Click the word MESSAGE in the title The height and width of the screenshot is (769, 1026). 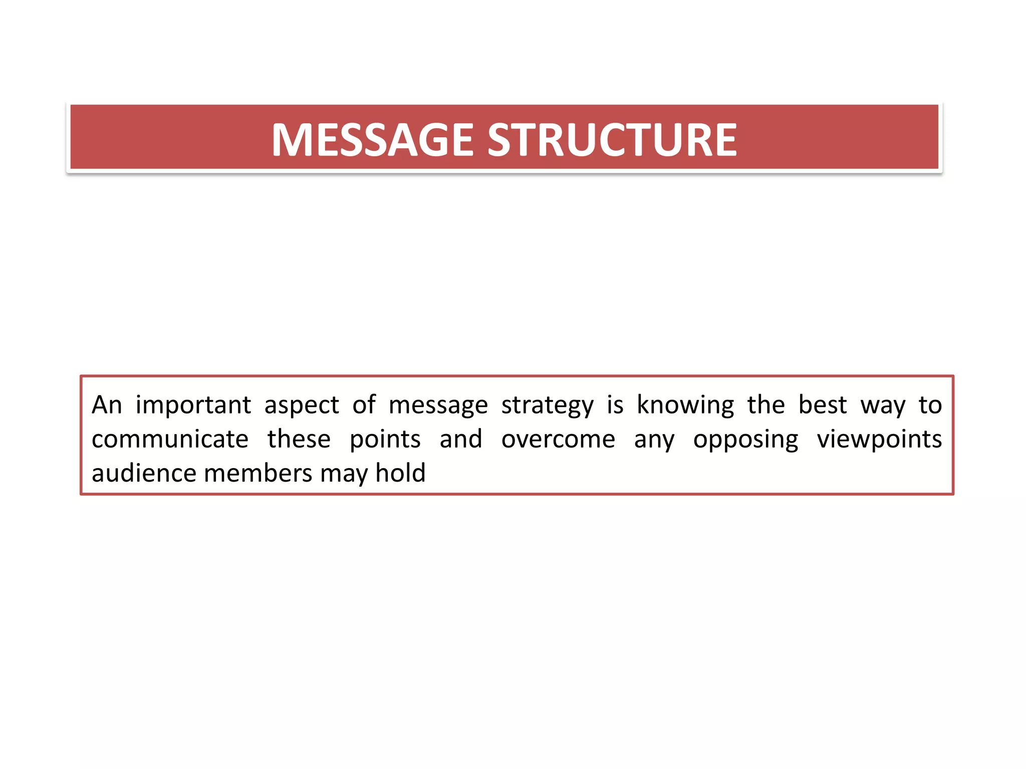pos(372,140)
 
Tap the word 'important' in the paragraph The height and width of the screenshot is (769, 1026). pos(193,405)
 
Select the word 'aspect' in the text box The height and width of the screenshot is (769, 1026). pos(302,405)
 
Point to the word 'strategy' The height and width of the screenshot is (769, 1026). pos(547,405)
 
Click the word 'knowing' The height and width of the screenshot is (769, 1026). pos(685,405)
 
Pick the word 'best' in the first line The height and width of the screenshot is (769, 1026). pos(823,405)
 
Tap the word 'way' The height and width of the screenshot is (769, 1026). pos(883,405)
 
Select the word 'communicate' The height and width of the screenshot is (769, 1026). pos(170,439)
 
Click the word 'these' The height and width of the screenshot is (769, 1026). pos(299,439)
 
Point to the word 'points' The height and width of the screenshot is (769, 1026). pos(385,439)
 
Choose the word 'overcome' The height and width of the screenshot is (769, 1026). pos(558,439)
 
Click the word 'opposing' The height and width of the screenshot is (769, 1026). pos(745,439)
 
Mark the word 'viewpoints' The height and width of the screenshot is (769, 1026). pos(879,439)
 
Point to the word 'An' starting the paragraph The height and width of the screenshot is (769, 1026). pos(107,405)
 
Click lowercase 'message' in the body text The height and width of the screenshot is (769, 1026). pos(438,405)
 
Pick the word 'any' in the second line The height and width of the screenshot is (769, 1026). pos(654,439)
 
